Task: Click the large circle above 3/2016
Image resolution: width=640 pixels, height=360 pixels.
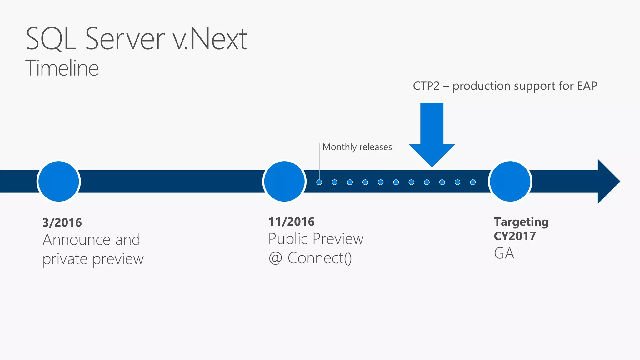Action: [59, 182]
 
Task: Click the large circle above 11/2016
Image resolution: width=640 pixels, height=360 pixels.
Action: [284, 182]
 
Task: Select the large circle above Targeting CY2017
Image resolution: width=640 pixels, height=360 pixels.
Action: [510, 182]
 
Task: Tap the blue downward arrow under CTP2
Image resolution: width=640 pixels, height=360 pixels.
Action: [432, 134]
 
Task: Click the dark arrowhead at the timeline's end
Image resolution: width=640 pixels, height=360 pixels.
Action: [608, 182]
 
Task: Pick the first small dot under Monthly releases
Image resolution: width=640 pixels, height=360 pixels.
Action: [319, 182]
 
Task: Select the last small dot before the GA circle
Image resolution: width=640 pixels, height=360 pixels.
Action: [473, 182]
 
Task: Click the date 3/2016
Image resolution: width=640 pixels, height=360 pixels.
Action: [62, 223]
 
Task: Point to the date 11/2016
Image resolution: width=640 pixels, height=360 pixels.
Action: [291, 222]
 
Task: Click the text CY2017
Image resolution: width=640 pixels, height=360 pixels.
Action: [515, 236]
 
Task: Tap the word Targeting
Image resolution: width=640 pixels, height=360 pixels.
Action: [521, 222]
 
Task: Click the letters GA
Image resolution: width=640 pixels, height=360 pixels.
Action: [504, 253]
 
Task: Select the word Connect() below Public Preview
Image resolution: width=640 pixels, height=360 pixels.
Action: [319, 258]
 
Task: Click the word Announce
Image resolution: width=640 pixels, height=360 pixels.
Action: [77, 240]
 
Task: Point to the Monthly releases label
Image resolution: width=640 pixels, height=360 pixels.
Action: [357, 147]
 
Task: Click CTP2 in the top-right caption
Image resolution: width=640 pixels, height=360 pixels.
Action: [426, 86]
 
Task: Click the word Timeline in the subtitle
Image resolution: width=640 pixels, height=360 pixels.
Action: [62, 68]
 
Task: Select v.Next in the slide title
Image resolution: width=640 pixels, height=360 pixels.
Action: [210, 39]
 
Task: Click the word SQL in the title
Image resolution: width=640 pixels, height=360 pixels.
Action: [51, 39]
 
